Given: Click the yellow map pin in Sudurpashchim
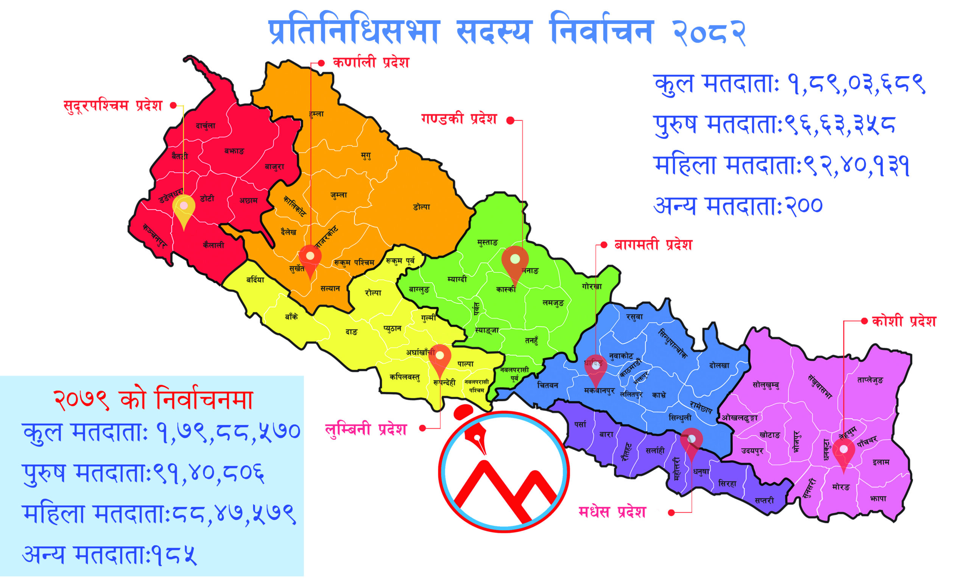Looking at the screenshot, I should click(184, 209).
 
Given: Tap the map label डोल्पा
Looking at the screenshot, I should click(421, 207).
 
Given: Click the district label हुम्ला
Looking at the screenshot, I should click(316, 114).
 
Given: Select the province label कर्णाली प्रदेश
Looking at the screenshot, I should click(371, 63).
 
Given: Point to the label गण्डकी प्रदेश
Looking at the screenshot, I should click(459, 119).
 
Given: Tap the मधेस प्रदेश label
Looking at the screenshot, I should click(612, 512).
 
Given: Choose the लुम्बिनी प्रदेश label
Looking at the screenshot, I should click(366, 429).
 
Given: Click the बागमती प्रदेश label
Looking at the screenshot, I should click(653, 245).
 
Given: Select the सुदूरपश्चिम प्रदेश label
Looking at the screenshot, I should click(113, 106).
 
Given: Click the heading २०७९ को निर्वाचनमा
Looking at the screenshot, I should click(153, 400).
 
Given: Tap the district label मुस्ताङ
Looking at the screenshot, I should click(487, 243).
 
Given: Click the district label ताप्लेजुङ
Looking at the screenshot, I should click(870, 380).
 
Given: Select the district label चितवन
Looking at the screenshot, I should click(548, 385).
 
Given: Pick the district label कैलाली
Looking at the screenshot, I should click(213, 245).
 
